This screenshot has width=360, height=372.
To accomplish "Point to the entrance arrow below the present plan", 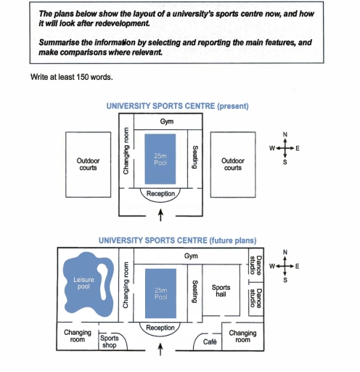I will [160, 214].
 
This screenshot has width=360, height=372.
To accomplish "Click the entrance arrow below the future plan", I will [160, 351].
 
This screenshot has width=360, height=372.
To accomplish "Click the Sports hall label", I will [221, 291].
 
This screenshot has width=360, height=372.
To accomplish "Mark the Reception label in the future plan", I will [160, 328].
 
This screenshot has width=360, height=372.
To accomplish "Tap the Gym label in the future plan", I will [191, 256].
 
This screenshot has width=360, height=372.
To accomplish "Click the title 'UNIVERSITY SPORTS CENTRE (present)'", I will [177, 106].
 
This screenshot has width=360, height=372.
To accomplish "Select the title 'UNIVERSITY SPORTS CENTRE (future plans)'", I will [177, 239].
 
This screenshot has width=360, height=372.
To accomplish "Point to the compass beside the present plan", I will [285, 148].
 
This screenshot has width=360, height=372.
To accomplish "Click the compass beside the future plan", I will [285, 267].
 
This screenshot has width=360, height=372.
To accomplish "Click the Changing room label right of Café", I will [242, 336].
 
